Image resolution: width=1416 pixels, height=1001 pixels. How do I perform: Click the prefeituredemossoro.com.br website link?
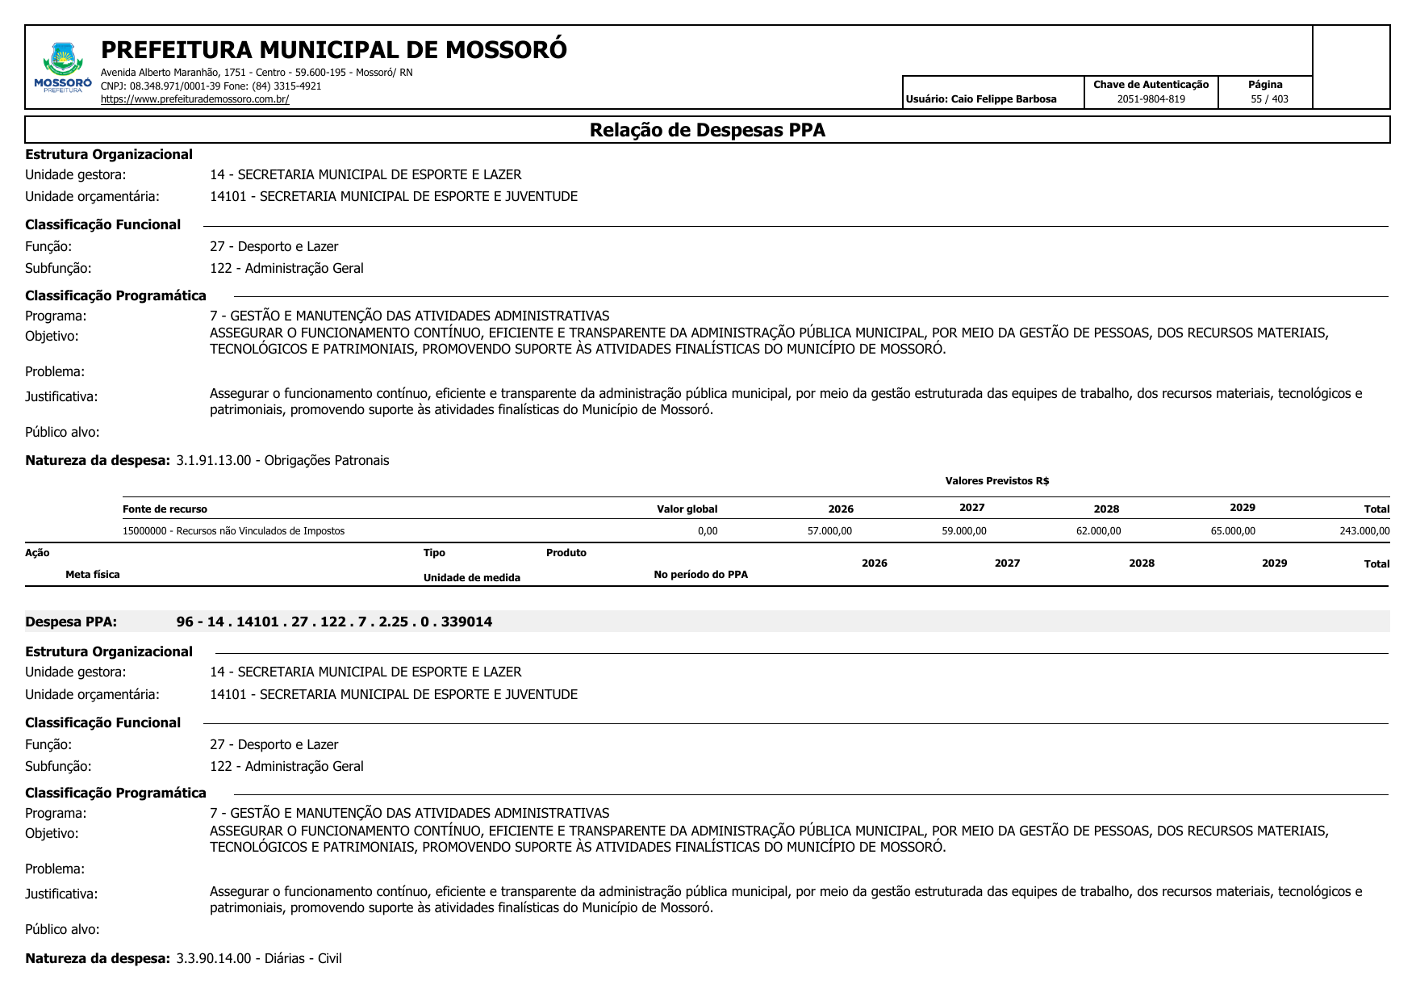click(194, 99)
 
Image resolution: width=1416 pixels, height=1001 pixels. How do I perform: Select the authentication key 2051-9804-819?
click(1151, 99)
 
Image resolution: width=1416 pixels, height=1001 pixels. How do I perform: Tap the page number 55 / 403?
click(1269, 99)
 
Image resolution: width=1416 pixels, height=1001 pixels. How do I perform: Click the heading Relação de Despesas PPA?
click(707, 130)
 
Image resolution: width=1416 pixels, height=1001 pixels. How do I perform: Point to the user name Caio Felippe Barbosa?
click(1003, 99)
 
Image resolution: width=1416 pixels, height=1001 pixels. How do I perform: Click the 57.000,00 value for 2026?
click(829, 531)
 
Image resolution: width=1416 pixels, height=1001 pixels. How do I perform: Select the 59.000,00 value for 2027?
click(963, 531)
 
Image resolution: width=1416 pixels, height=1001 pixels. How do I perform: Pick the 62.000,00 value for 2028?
click(1098, 531)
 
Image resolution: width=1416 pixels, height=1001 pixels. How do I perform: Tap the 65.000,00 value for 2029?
click(1233, 531)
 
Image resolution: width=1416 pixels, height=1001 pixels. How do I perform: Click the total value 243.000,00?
click(1364, 531)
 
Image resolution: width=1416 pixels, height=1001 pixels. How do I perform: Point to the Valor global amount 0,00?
click(707, 531)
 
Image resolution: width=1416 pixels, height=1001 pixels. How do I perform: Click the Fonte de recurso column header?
click(165, 509)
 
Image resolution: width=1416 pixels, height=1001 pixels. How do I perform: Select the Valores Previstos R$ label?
click(996, 481)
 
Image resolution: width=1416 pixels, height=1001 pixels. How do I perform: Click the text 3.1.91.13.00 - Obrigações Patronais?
click(282, 461)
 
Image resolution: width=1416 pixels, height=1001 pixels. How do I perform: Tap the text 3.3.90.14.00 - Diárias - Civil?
click(259, 959)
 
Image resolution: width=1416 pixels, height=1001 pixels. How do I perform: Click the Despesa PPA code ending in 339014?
click(334, 622)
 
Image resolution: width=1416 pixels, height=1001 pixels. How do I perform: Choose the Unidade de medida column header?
click(471, 578)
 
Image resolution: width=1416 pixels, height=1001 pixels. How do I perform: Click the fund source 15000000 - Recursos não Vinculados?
click(233, 531)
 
